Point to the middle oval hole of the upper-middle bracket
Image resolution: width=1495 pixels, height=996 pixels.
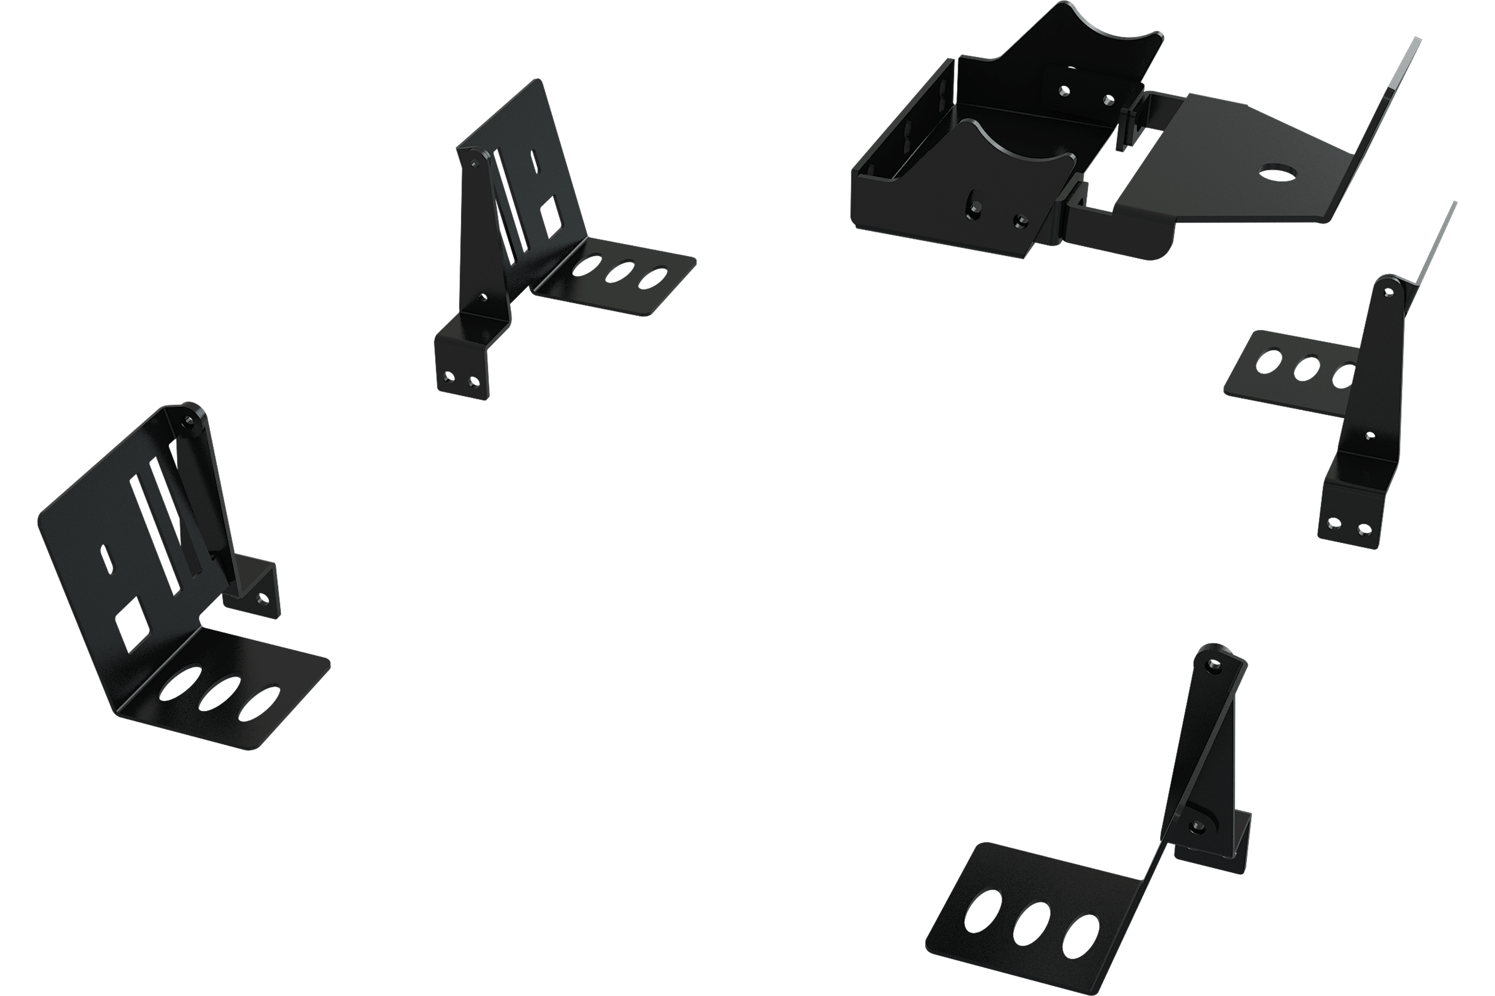[621, 271]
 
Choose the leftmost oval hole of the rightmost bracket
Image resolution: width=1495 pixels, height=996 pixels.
[1269, 361]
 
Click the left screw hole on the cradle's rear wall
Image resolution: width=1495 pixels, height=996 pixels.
[1063, 92]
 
